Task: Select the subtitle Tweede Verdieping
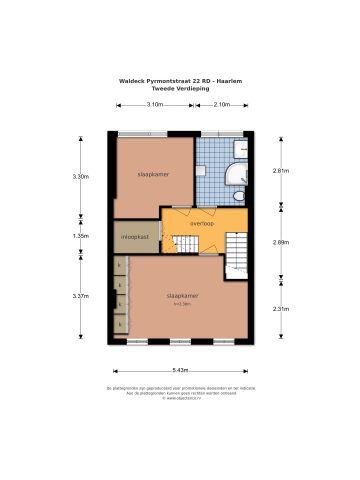coord(180,89)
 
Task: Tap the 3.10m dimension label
coord(155,103)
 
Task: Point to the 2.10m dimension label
coord(222,103)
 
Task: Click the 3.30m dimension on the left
coord(81,176)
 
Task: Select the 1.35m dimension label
coord(81,236)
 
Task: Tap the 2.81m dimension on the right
coord(281,171)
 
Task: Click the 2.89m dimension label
coord(281,242)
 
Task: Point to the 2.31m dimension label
coord(281,308)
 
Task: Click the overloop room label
coord(202,223)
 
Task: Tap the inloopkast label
coord(136,237)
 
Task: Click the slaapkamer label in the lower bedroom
coord(181,296)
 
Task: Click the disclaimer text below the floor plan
coord(181,391)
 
